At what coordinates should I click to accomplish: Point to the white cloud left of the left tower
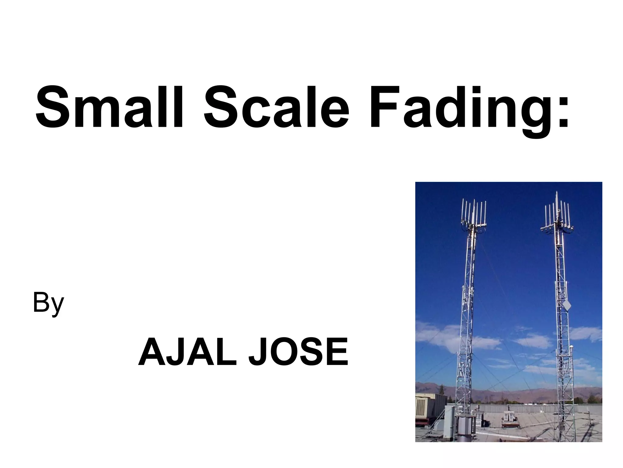[438, 335]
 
